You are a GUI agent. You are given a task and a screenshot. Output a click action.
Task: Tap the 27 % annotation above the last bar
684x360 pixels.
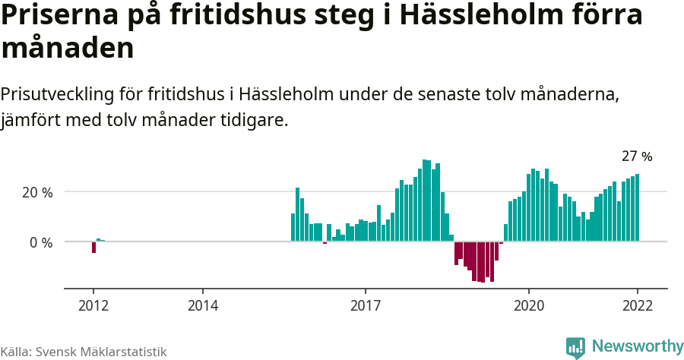[x=637, y=156]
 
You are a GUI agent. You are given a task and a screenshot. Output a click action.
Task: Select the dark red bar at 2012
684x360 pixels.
[x=93, y=247]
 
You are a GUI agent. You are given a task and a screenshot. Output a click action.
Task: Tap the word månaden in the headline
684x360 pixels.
[x=68, y=49]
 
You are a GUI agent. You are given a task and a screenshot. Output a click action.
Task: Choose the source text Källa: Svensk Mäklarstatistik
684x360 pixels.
[x=83, y=352]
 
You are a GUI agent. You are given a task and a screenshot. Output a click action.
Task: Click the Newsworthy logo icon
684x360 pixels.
[x=575, y=347]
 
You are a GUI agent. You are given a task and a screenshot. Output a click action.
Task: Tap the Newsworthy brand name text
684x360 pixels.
[x=637, y=346]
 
